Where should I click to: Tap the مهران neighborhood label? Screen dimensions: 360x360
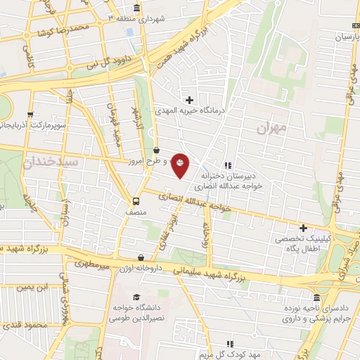coord(273,128)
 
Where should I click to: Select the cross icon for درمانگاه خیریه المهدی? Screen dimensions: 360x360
coord(189,100)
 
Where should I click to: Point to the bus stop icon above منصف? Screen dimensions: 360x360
coord(136,200)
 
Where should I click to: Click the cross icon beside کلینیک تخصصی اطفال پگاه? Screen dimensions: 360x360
coord(304,228)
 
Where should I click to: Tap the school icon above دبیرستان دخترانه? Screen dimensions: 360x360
coord(226,166)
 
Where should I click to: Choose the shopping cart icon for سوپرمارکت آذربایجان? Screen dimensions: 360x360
coord(29,112)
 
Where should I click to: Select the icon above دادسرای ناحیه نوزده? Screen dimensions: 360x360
coord(317,298)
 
